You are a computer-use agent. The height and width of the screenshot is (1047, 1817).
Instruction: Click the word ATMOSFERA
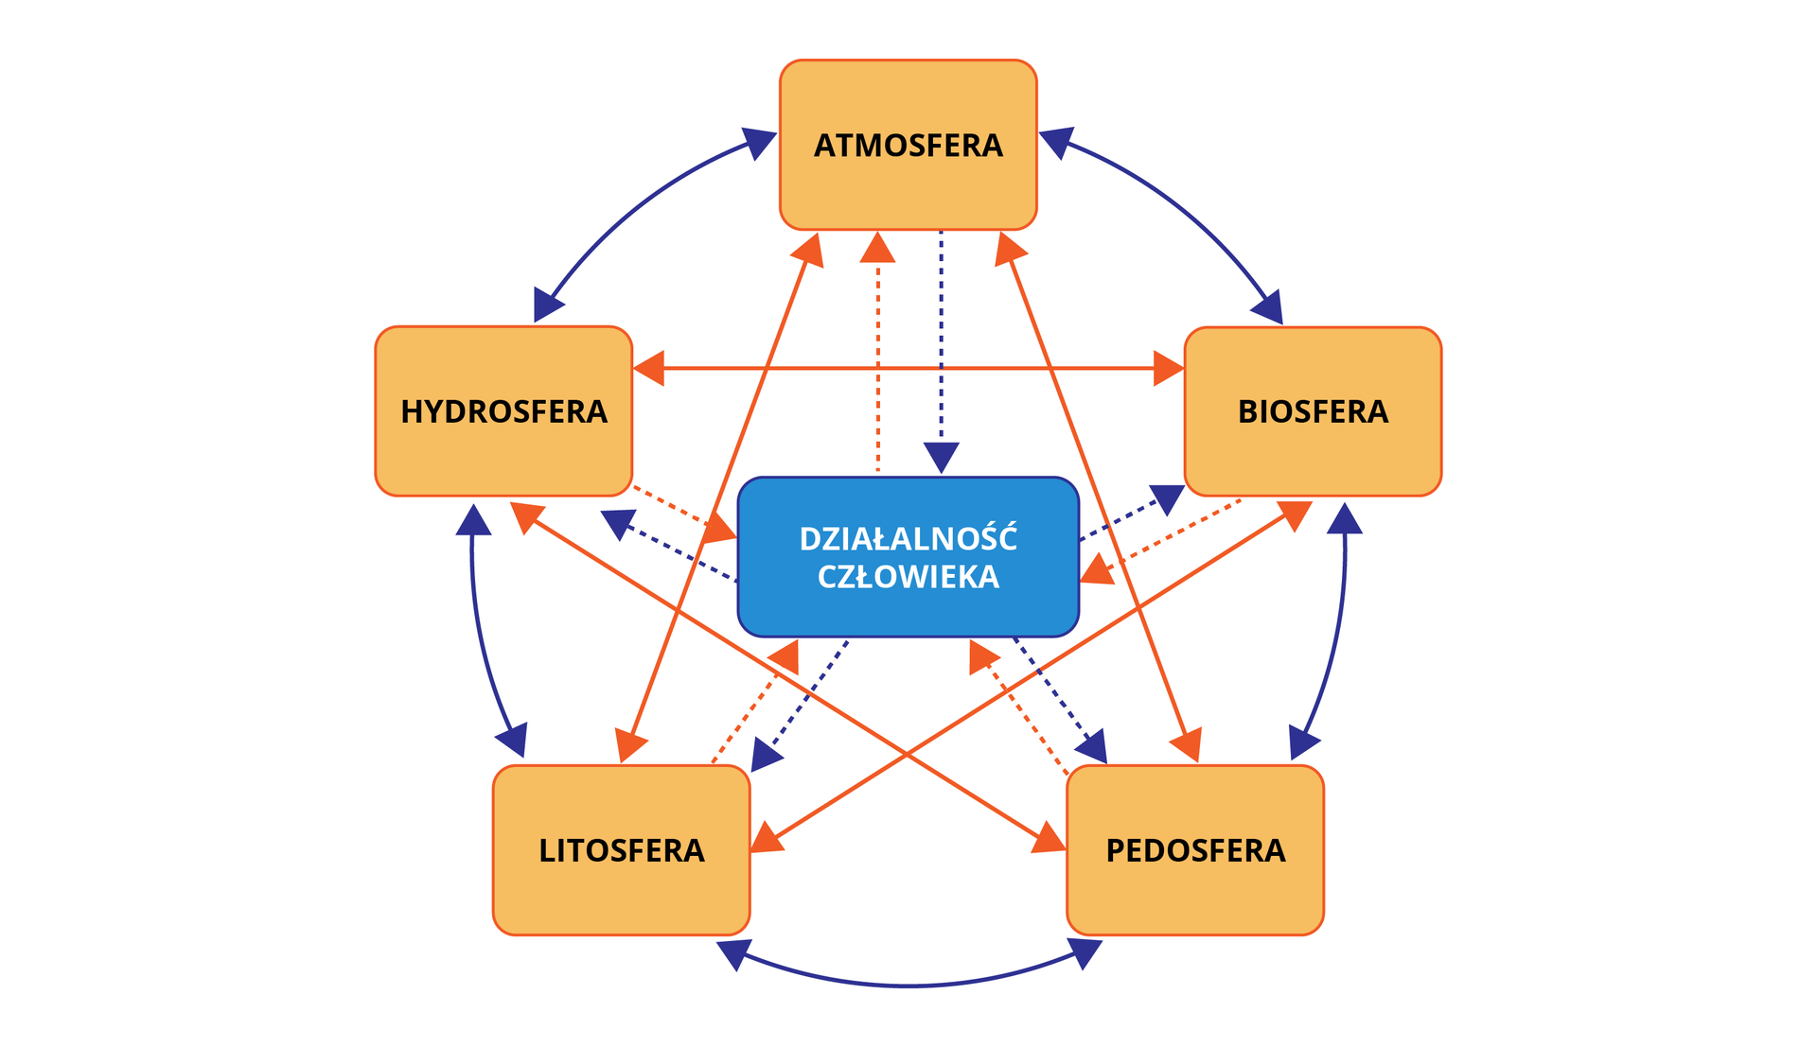click(x=908, y=146)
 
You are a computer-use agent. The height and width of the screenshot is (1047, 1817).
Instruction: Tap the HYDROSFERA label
click(x=503, y=412)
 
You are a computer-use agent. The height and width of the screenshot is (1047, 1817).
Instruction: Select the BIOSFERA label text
click(x=1313, y=412)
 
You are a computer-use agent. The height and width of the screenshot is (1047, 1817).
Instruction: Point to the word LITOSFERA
click(x=622, y=850)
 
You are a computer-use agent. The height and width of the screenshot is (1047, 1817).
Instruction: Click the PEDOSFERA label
click(x=1195, y=850)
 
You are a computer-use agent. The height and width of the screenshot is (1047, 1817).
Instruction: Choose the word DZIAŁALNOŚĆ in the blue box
click(x=908, y=539)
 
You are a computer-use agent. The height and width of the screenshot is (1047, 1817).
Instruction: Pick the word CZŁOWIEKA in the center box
click(x=908, y=577)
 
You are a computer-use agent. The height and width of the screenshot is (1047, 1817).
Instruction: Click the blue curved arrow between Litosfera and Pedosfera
click(x=908, y=986)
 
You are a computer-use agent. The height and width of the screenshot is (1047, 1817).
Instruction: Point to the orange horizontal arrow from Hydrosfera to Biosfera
click(x=908, y=368)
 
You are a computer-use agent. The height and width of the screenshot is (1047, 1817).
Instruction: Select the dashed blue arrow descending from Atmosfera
click(x=941, y=340)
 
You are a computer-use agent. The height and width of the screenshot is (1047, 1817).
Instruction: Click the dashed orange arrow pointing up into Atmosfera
click(x=878, y=359)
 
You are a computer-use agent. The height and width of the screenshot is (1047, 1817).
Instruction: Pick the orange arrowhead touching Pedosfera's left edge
click(x=1049, y=839)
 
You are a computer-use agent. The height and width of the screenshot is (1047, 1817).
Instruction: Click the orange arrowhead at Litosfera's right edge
click(x=767, y=839)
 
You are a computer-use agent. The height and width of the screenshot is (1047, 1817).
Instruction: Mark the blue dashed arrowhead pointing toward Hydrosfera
click(x=617, y=522)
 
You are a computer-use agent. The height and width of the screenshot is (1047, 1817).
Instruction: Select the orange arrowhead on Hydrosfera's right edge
click(x=649, y=368)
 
